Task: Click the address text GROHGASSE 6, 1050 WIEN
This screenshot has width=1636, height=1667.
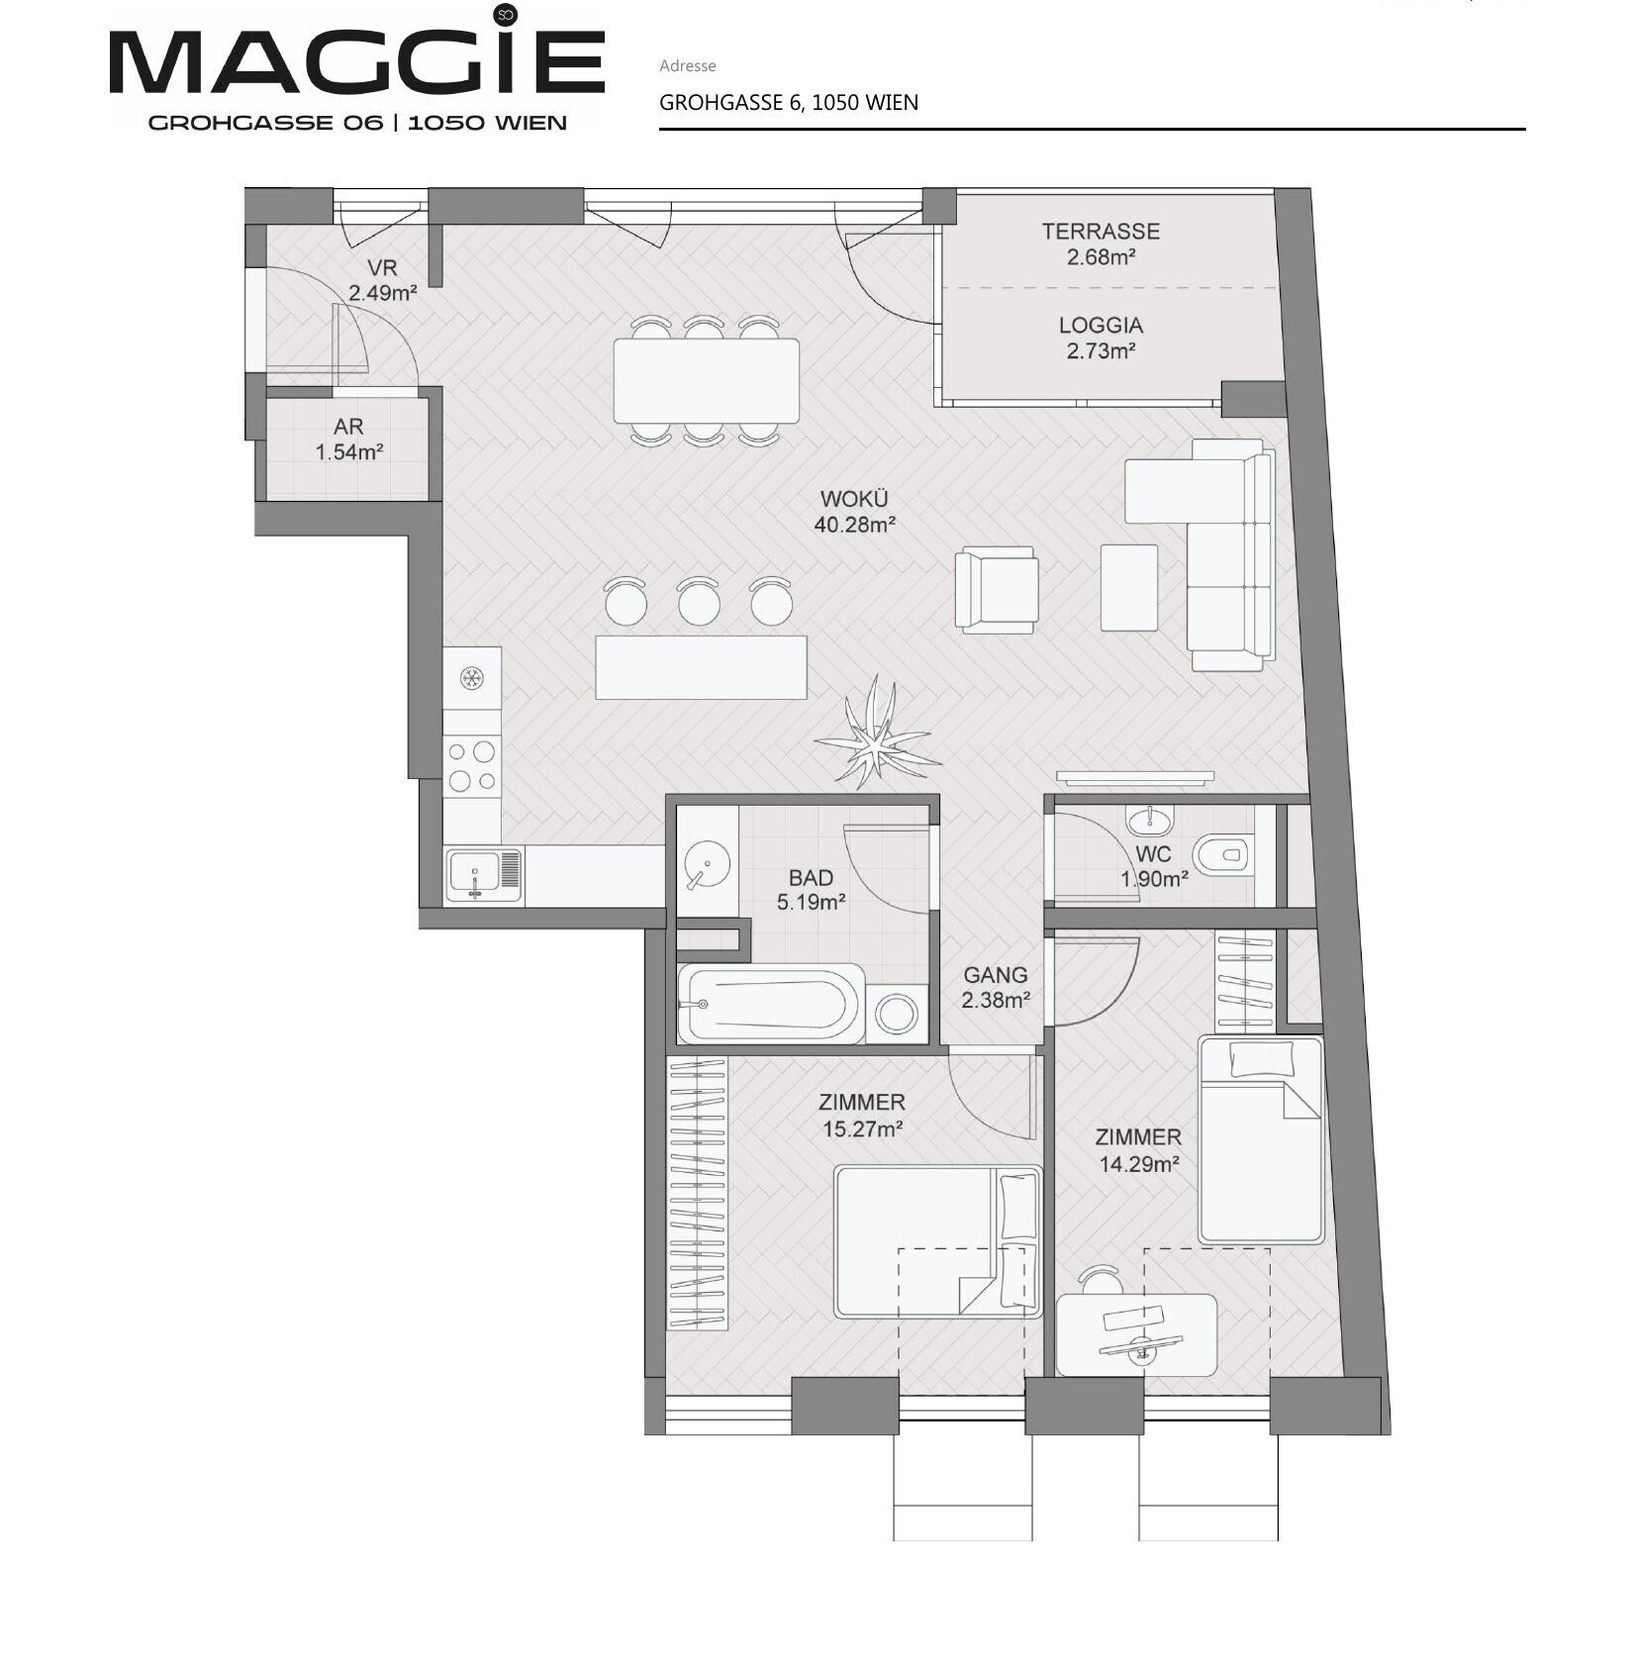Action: tap(789, 103)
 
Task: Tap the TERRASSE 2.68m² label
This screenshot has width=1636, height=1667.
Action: tap(1101, 244)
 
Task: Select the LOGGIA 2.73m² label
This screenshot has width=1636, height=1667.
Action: tap(1101, 338)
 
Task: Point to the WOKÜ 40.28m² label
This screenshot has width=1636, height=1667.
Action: tap(855, 512)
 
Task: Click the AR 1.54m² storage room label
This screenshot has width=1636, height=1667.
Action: tap(348, 440)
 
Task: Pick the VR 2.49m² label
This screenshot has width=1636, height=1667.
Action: tap(382, 280)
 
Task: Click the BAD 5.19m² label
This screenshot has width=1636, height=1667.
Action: tap(811, 890)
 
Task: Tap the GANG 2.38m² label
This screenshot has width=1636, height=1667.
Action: tap(996, 988)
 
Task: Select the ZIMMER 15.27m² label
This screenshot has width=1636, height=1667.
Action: tap(862, 1116)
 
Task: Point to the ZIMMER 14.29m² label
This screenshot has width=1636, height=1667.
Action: tap(1138, 1151)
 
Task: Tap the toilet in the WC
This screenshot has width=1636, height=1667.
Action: tap(1222, 853)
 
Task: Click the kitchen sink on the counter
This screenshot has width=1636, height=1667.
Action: tap(484, 875)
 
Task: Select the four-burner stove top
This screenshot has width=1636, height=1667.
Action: tap(472, 766)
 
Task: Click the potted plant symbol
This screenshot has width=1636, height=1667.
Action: tap(877, 734)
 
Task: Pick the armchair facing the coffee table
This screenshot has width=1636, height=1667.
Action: tap(997, 590)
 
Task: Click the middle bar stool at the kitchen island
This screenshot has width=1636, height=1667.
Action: tap(699, 601)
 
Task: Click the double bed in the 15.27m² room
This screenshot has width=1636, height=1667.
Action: tap(938, 1242)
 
